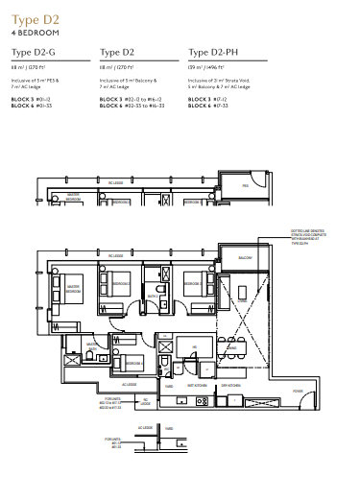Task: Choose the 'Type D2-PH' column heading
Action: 213,53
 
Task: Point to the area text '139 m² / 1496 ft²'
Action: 208,68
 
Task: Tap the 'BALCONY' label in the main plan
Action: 245,258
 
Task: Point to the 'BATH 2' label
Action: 152,297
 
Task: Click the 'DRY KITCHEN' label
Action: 240,383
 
